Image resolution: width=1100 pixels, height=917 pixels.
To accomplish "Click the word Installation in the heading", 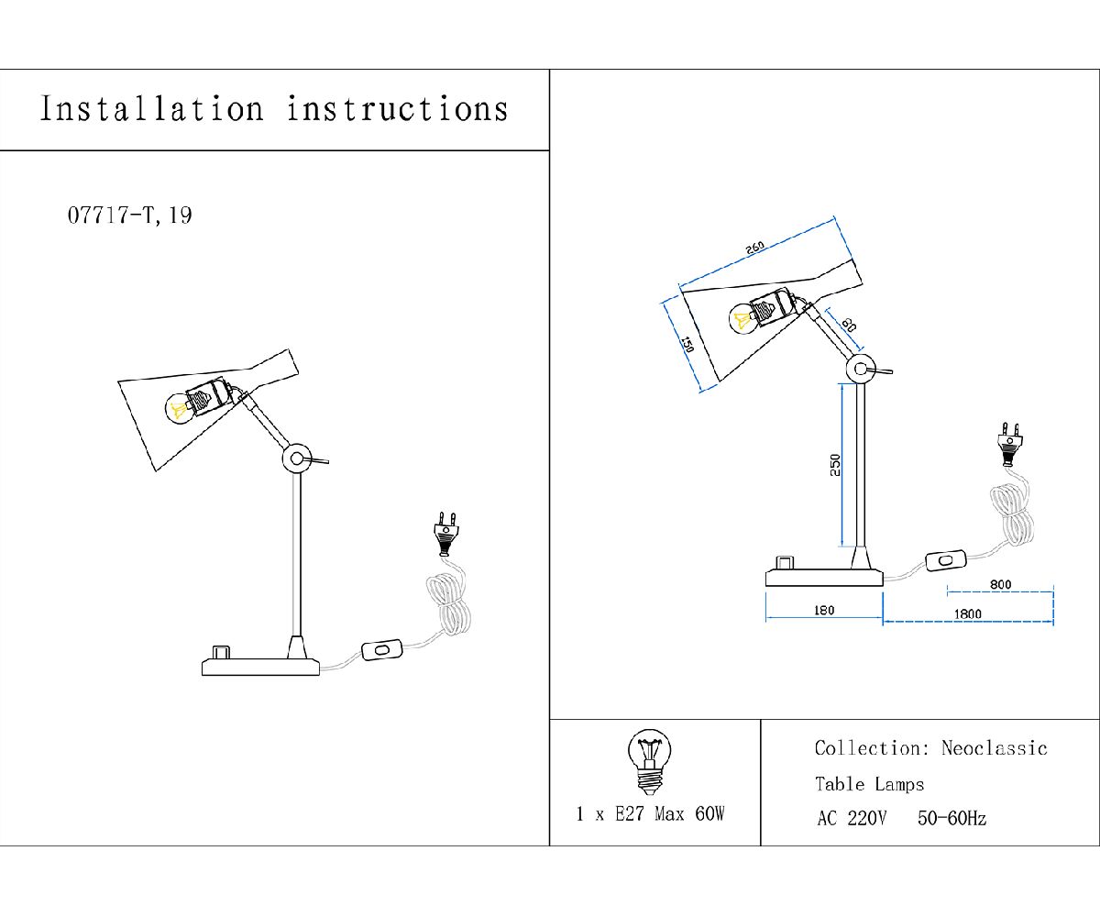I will [151, 109].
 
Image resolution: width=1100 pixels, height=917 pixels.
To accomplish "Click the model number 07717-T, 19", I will [129, 216].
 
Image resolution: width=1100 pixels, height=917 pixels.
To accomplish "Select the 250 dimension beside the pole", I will [834, 465].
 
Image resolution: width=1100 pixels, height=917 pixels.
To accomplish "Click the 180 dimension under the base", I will [824, 611].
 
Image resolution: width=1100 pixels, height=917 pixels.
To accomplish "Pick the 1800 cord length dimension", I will [967, 613].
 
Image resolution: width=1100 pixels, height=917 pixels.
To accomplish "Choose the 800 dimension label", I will [1000, 583].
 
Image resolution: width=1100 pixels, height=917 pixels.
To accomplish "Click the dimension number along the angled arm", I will [848, 326].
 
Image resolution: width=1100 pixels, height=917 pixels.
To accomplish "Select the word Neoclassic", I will [994, 748].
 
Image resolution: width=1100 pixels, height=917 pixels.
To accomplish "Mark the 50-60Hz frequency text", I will [951, 819].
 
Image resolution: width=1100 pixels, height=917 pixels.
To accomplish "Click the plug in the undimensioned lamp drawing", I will [445, 533].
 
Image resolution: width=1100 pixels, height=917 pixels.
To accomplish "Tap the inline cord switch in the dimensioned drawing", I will [945, 558].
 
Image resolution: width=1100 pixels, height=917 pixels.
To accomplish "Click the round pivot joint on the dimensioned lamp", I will [859, 370].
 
